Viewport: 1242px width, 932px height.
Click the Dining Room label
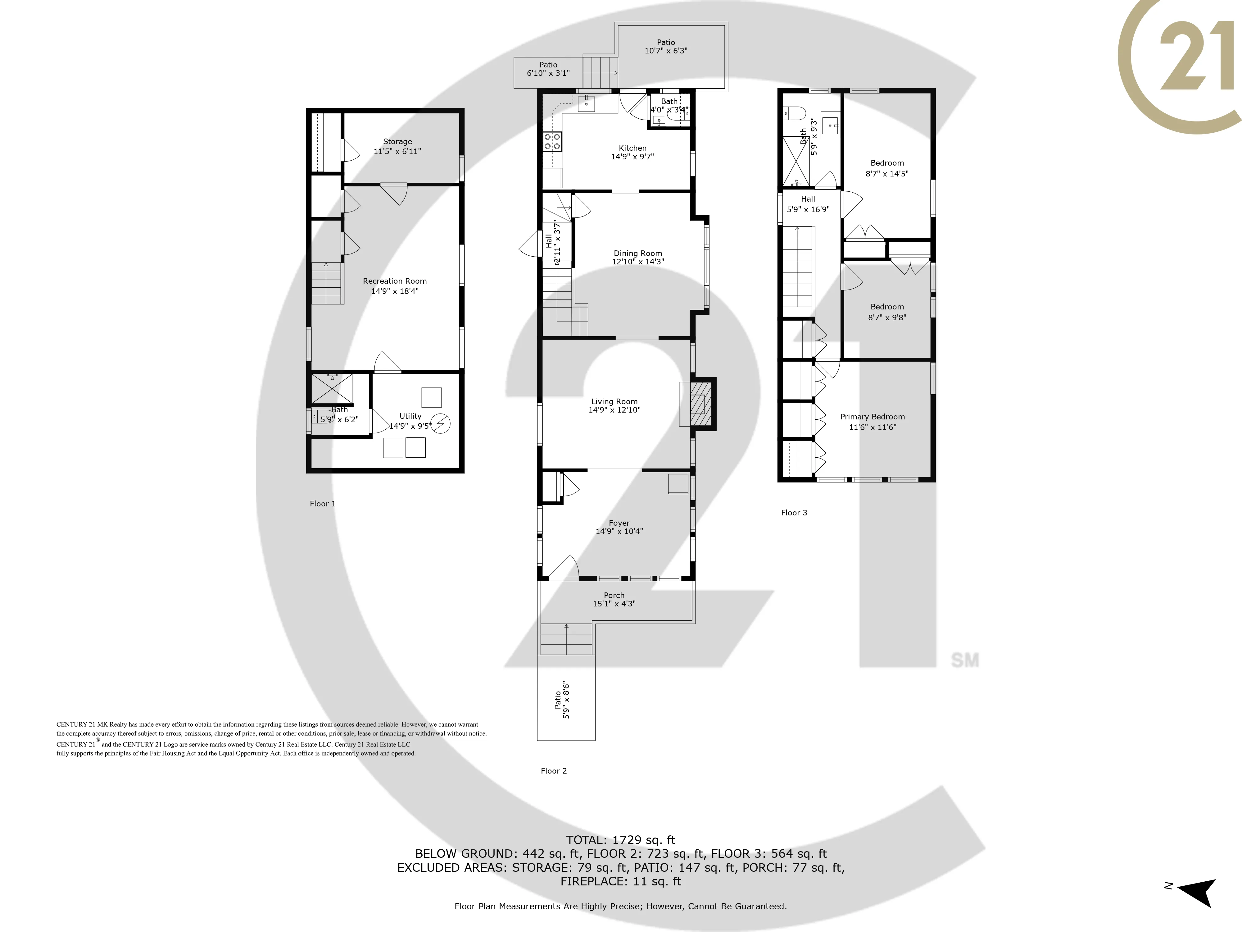coord(638,254)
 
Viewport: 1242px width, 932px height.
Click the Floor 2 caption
coord(554,771)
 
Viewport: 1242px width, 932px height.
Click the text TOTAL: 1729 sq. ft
coord(620,840)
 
